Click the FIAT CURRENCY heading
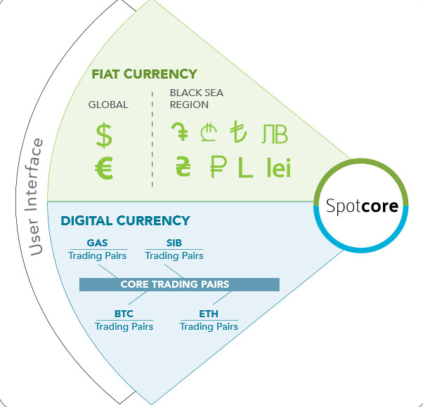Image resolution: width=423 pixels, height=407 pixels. coord(144,74)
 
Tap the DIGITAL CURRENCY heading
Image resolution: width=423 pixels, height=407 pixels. coord(126,220)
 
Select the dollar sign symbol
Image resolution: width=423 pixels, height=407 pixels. coord(104,135)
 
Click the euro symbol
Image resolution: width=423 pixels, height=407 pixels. coord(104,168)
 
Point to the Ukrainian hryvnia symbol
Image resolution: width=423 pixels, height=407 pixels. coord(183,166)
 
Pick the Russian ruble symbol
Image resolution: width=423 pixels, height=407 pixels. coord(218,167)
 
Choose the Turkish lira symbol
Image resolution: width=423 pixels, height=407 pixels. coord(238,131)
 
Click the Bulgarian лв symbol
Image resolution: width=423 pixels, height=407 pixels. coord(275,134)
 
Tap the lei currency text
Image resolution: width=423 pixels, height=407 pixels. coord(279,168)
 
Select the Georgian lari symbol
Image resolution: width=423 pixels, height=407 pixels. coord(209,132)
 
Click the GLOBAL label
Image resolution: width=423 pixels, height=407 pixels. coord(108,105)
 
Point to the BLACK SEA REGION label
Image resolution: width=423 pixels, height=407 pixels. coord(197,98)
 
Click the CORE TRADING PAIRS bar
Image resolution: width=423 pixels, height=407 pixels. coord(179,284)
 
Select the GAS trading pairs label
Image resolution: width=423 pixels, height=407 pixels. coord(98,250)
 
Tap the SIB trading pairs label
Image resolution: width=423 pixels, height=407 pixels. coord(174,250)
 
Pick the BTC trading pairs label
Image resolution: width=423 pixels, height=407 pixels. coord(124,321)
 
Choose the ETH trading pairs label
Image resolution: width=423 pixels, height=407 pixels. coord(209,321)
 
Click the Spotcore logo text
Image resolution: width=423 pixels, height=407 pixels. coord(362,206)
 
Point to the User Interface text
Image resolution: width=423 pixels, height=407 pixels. coord(34,197)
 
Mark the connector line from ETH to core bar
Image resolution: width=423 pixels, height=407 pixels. coord(222,298)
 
